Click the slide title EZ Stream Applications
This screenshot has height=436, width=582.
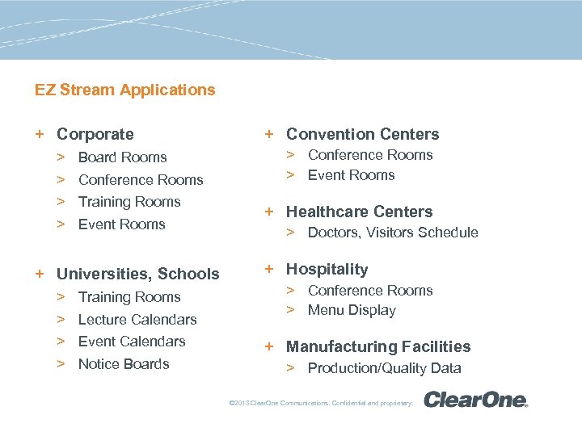pos(125,90)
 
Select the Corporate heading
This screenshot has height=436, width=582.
pos(95,134)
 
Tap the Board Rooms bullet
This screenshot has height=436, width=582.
pos(122,157)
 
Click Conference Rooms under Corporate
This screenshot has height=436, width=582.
pos(141,180)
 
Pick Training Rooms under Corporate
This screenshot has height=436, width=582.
pos(129,202)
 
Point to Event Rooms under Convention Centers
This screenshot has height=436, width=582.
pos(351,175)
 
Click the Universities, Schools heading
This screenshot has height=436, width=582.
pos(137,274)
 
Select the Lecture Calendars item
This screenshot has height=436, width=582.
pos(137,320)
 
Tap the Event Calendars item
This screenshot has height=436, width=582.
pos(132,342)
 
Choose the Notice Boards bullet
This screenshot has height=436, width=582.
pos(124,364)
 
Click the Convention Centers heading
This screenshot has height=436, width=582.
pos(362,134)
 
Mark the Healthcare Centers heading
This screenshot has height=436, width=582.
pos(359,212)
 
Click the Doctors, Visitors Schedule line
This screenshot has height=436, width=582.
pos(393,233)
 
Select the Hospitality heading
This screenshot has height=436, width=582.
pos(327,270)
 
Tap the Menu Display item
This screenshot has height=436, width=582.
pos(352,310)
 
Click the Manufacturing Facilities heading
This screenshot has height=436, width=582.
pos(377,346)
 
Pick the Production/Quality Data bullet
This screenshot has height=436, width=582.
pos(384,368)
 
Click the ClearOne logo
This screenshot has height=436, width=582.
pos(475,400)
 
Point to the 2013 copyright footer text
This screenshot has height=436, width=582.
pos(321,402)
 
